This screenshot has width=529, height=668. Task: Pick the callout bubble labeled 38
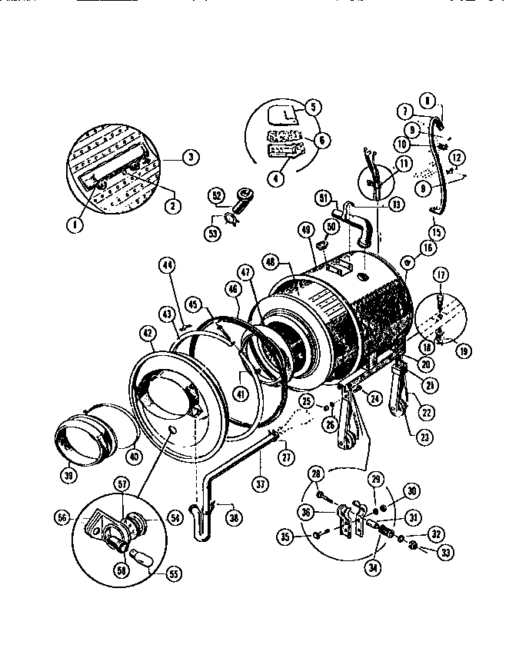231,518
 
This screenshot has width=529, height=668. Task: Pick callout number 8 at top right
428,98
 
